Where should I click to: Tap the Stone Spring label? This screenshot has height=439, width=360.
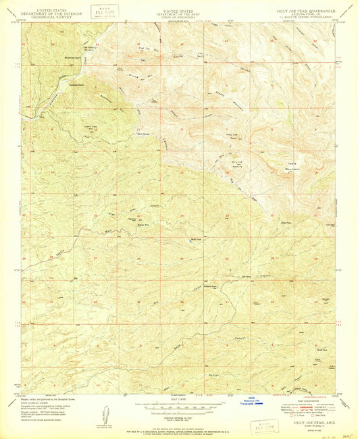click(143, 133)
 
